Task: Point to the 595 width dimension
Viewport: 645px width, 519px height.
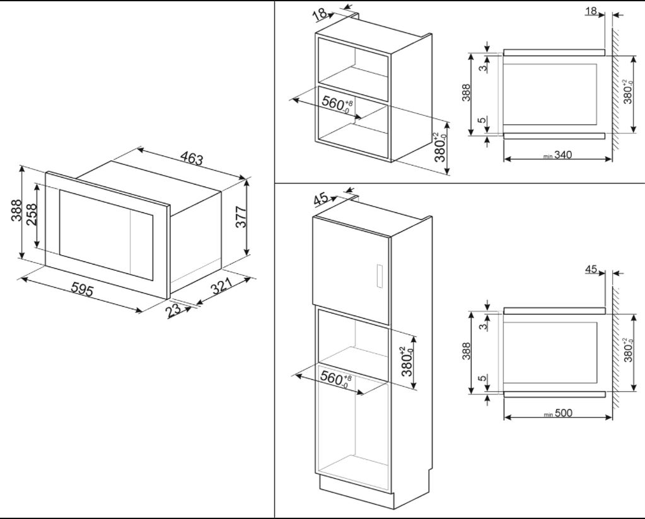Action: pos(82,290)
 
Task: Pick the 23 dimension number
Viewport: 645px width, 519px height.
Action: pos(173,309)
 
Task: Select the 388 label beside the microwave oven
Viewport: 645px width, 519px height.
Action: pos(16,210)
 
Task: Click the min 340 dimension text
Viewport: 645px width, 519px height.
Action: pos(557,155)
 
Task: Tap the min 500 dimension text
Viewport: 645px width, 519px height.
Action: pos(557,413)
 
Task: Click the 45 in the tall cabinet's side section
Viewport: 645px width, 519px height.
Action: pos(591,270)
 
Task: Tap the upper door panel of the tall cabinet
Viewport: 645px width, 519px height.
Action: pos(350,261)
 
